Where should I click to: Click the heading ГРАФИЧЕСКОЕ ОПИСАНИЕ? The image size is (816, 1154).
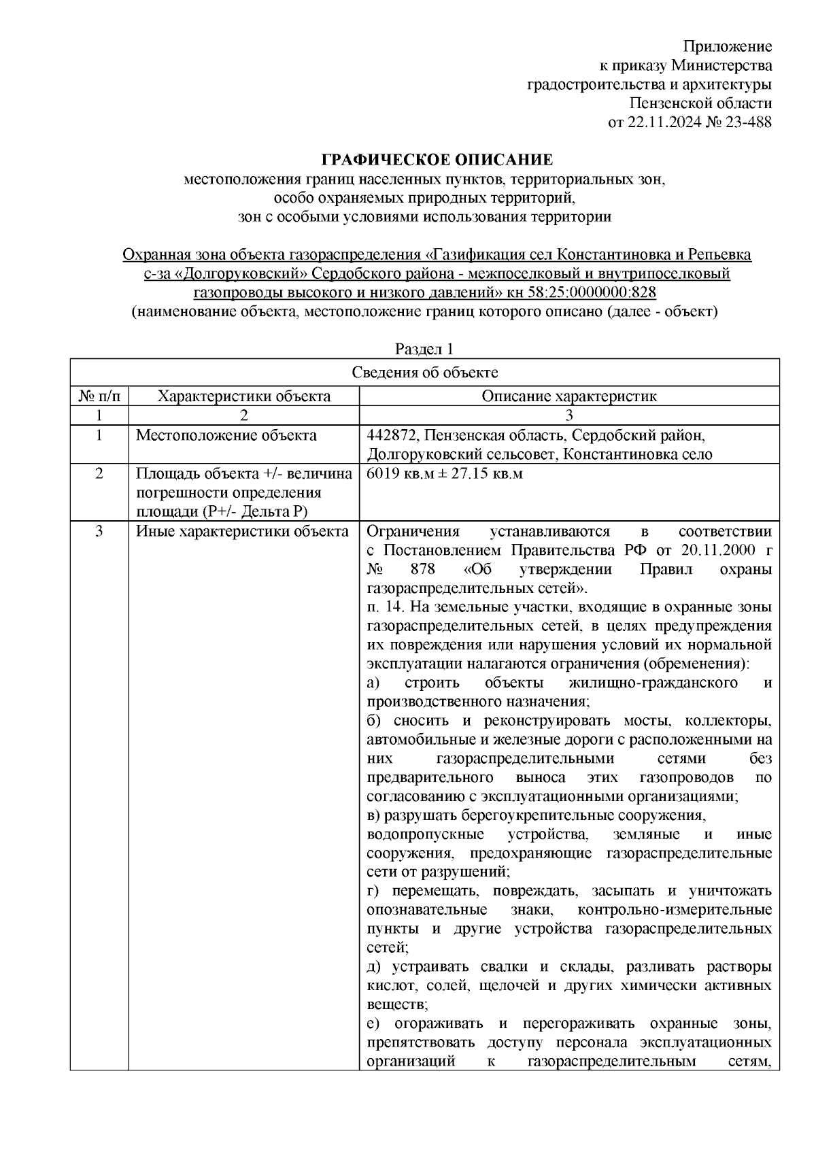point(437,160)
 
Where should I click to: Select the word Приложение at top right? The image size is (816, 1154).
point(727,47)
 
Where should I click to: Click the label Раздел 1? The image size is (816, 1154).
point(424,350)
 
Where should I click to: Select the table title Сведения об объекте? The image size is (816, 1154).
point(425,373)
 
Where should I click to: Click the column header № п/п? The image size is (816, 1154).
point(99,396)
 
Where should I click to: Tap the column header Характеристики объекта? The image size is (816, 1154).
point(244,396)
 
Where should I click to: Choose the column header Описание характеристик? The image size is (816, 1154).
point(569,396)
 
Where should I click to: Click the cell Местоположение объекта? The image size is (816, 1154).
point(226,435)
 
